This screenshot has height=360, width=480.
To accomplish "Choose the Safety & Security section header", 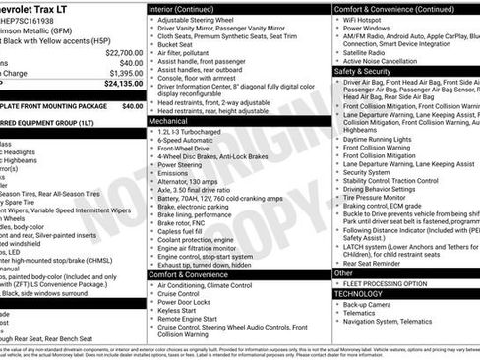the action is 362,71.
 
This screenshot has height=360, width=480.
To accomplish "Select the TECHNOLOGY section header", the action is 358,293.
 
